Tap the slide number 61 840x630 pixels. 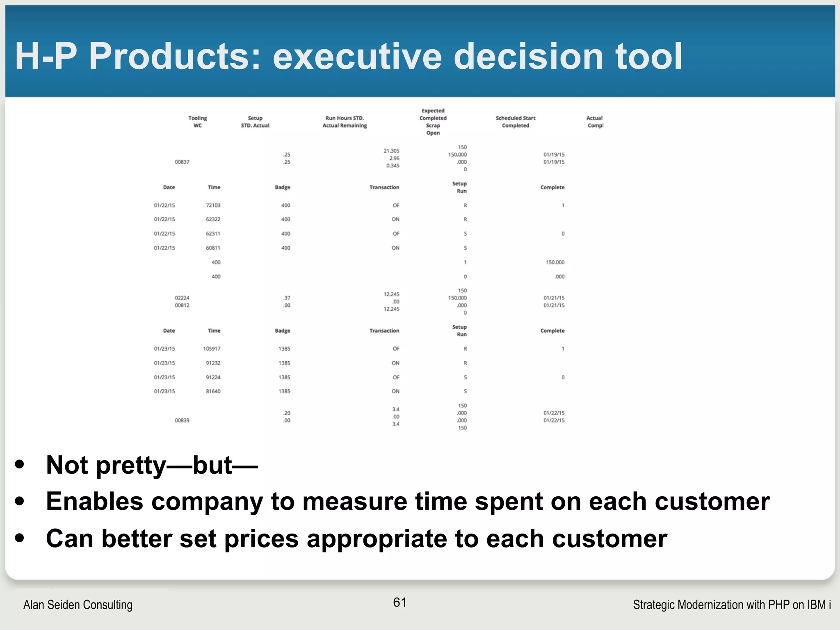[399, 602]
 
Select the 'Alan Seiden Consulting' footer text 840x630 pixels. [78, 605]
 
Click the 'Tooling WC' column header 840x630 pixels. [198, 122]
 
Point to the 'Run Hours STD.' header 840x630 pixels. [345, 118]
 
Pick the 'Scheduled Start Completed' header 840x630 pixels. [516, 122]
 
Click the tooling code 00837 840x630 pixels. [182, 162]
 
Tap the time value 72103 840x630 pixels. [213, 205]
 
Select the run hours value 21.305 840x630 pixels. [391, 151]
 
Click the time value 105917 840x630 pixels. [212, 349]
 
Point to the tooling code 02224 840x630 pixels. [182, 298]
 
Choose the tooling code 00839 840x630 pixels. [182, 420]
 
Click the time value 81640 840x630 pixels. [213, 391]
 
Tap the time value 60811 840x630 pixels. [213, 248]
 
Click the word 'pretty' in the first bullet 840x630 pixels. [131, 466]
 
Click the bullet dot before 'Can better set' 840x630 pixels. [19, 538]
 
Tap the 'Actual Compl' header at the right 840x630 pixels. [595, 122]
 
